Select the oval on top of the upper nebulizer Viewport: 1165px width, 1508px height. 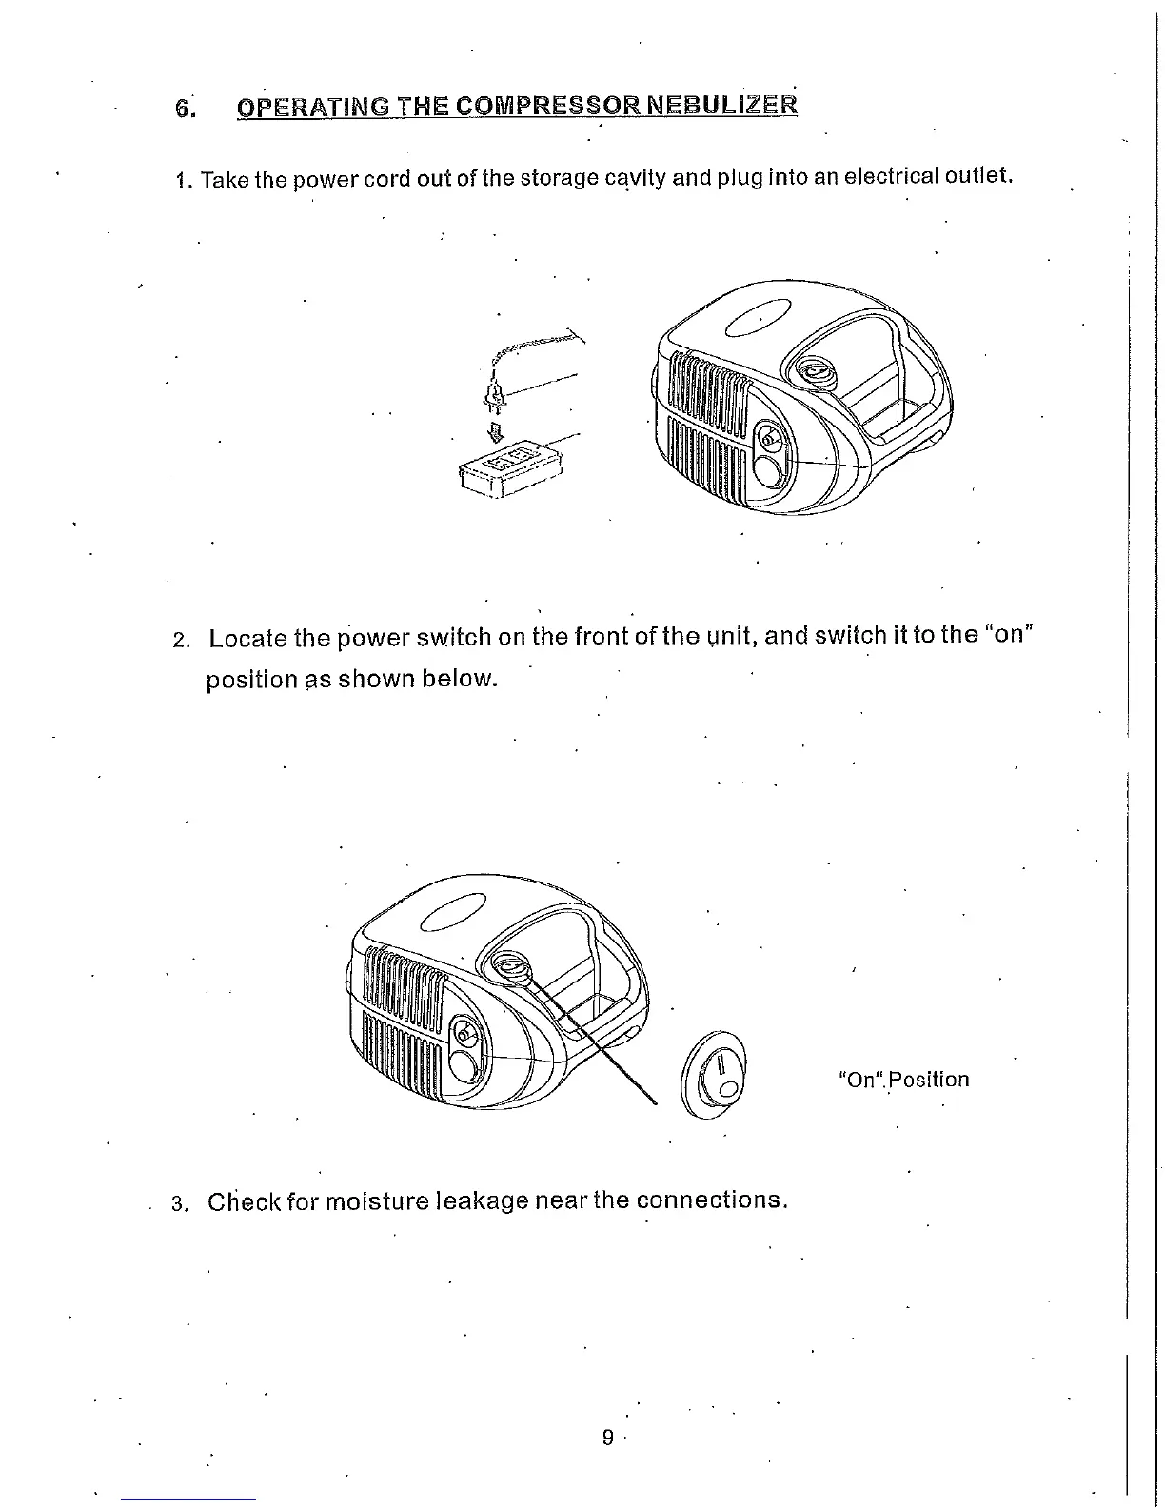[x=758, y=317]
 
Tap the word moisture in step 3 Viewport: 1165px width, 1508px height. [x=378, y=1200]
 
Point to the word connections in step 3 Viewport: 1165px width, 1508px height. [x=711, y=1200]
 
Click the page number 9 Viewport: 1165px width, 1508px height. [x=608, y=1438]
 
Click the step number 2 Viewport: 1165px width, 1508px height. [x=180, y=640]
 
